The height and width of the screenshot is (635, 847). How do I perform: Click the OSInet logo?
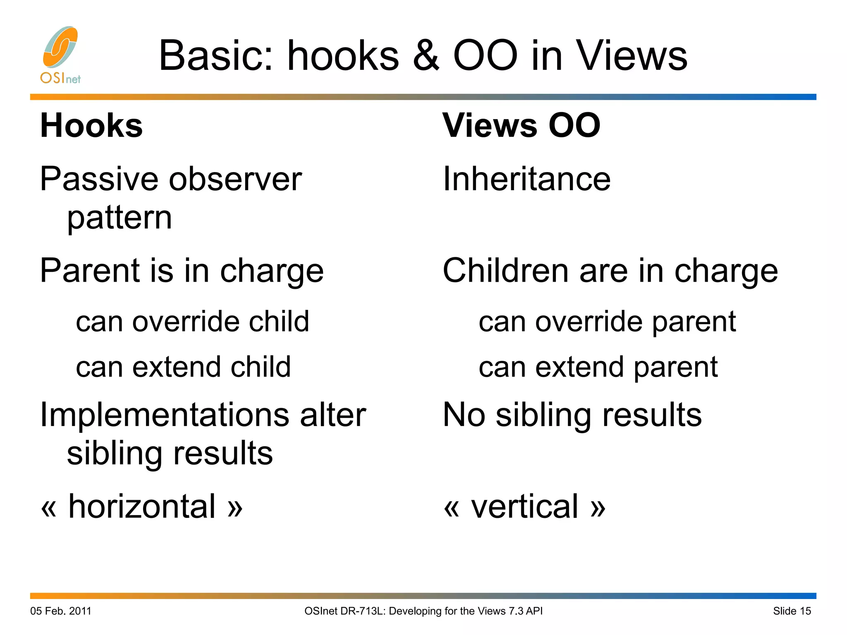click(60, 55)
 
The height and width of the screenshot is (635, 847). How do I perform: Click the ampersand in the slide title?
click(426, 56)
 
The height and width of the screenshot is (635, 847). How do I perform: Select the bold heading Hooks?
click(91, 126)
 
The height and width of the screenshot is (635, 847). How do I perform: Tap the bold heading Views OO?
click(521, 126)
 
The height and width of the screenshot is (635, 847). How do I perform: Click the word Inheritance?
click(526, 179)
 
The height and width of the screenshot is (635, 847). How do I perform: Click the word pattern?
click(120, 218)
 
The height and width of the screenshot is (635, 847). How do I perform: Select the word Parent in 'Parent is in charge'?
click(89, 271)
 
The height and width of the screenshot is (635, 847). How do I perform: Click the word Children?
click(505, 271)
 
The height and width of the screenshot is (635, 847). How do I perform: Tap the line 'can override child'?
click(192, 321)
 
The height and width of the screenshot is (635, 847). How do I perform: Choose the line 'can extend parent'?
click(598, 367)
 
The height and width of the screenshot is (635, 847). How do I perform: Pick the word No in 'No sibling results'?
click(464, 415)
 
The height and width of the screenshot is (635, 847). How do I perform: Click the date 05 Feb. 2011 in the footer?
click(61, 611)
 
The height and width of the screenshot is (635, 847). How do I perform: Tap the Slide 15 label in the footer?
click(792, 611)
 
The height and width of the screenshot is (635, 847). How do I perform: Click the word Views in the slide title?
click(632, 56)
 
